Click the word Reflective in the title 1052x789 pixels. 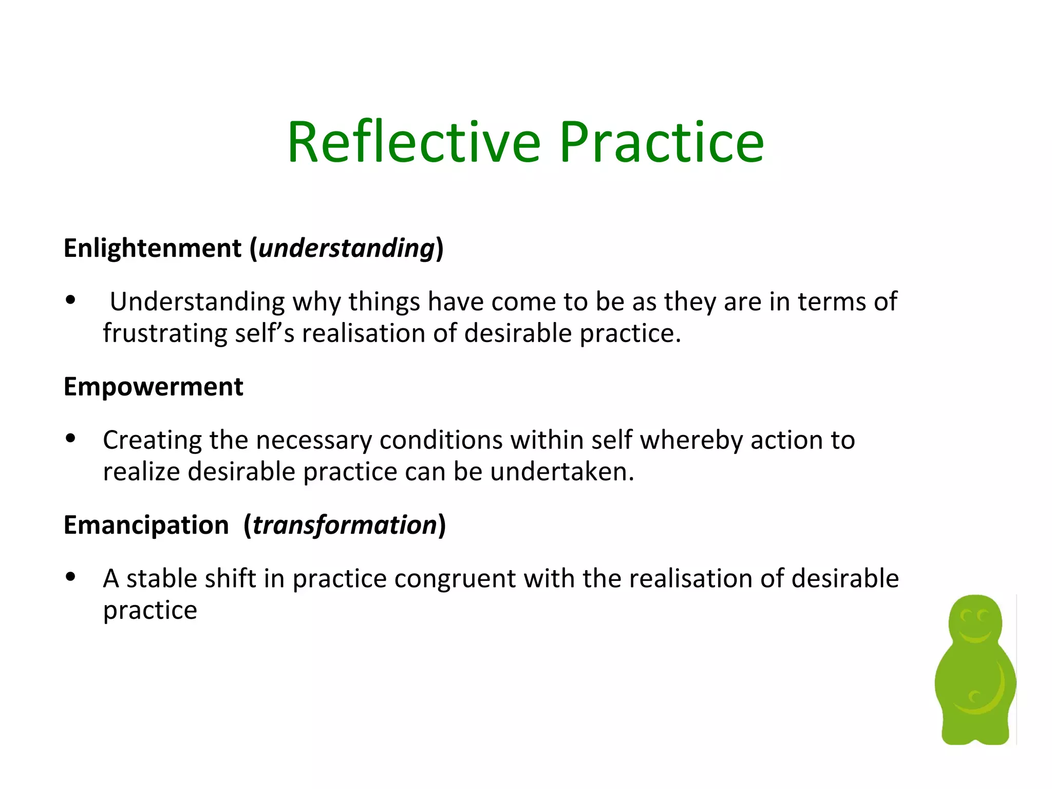[414, 142]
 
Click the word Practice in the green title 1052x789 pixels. [662, 142]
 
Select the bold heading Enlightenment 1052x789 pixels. [153, 248]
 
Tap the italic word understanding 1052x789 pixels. [347, 248]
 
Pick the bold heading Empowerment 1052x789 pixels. [153, 386]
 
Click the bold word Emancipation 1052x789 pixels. [146, 525]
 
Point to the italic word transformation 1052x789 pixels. [345, 525]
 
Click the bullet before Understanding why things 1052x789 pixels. [71, 300]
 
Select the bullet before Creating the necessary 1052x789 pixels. [71, 438]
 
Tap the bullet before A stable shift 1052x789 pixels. [71, 576]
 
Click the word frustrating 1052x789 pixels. [164, 333]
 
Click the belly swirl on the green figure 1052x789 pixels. [974, 698]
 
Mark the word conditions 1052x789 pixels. [441, 440]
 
